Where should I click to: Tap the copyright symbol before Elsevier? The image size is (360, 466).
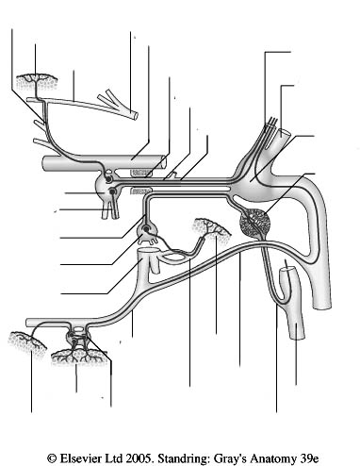(x=52, y=458)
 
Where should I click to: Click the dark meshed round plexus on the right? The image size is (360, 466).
(x=254, y=224)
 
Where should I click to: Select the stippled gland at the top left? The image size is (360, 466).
(x=37, y=82)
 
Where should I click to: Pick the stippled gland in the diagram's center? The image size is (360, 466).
(x=211, y=227)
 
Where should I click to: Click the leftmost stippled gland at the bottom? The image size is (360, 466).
(x=26, y=344)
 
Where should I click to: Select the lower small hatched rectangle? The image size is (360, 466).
(x=140, y=191)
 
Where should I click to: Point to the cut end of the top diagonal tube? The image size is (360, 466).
(x=135, y=115)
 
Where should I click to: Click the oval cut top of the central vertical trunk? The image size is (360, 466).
(x=149, y=251)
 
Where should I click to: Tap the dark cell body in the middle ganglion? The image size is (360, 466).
(x=146, y=229)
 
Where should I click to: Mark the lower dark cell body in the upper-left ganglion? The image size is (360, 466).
(x=112, y=191)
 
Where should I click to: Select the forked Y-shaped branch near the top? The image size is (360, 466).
(x=113, y=100)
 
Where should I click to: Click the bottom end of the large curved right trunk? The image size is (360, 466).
(x=322, y=306)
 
